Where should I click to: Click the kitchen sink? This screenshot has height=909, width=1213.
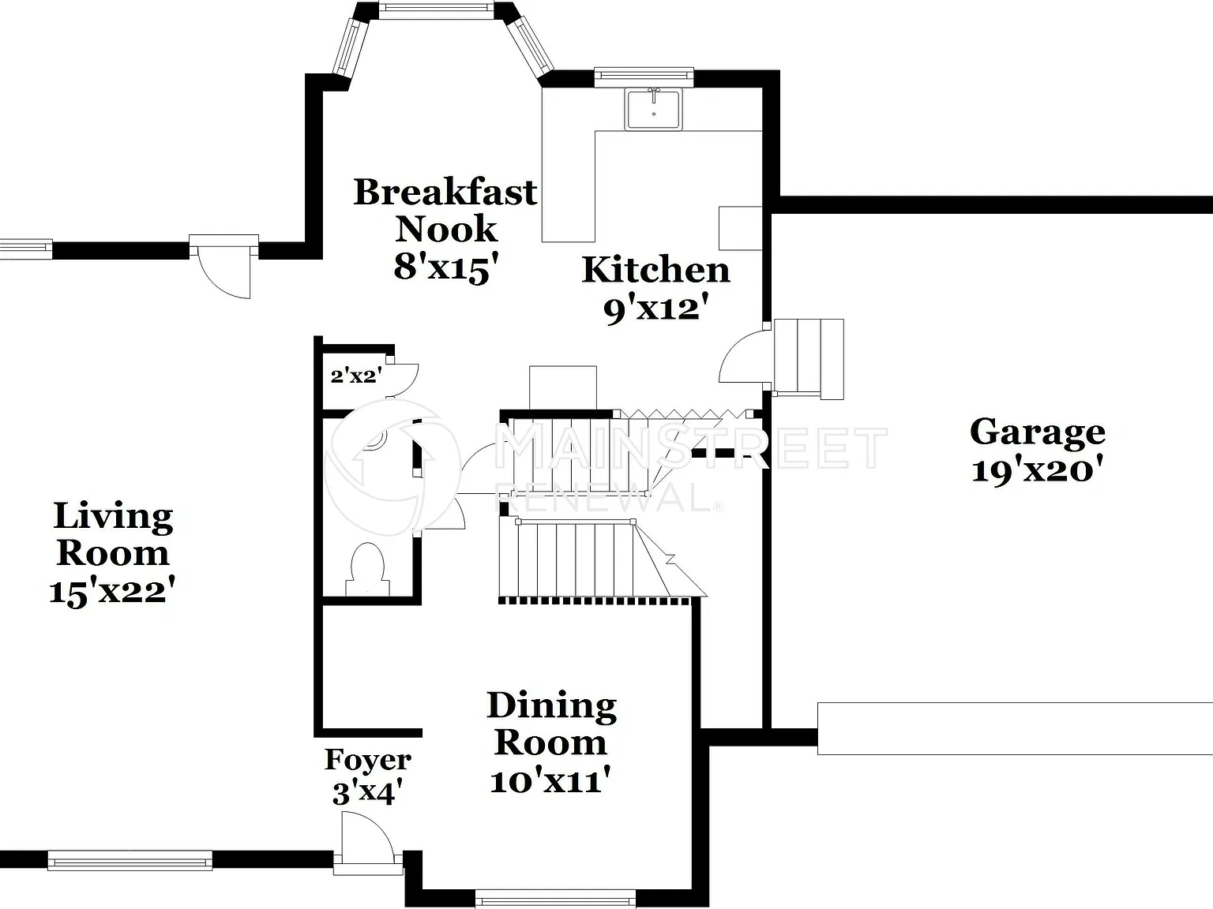pos(654,110)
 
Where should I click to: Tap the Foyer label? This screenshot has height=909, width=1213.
pos(367,759)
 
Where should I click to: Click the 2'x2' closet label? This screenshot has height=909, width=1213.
pos(356,376)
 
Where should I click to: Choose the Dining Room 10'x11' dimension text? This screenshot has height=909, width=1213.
pos(550,781)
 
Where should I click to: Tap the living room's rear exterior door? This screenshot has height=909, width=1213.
pos(223,266)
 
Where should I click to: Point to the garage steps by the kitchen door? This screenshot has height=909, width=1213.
pos(809,359)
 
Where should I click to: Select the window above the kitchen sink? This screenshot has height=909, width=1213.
pos(644,77)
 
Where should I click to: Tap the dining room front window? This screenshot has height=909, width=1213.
pos(555,899)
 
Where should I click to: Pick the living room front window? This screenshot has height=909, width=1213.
pos(130,860)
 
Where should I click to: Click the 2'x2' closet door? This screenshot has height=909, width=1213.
pos(402,380)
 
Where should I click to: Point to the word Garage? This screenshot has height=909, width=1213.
pos(1038,433)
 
